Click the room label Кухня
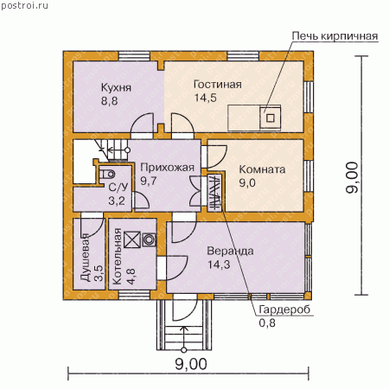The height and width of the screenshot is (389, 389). tap(116, 87)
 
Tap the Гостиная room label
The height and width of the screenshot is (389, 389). tap(218, 85)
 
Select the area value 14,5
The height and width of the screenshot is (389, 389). tap(206, 98)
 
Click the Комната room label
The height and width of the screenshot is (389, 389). tap(262, 169)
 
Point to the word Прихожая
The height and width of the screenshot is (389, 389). tap(167, 168)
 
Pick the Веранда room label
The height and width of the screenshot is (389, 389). tap(230, 251)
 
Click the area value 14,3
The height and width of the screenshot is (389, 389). tap(219, 265)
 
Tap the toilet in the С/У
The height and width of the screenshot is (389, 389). tap(107, 174)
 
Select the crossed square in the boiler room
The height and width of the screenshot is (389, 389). tap(132, 239)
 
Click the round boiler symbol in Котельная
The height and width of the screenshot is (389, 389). tap(150, 239)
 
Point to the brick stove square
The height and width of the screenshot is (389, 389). tap(271, 118)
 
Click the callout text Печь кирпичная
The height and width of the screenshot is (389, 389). tap(335, 36)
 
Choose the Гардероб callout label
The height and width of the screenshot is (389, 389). tap(284, 309)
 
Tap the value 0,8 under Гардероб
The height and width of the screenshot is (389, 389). tap(267, 323)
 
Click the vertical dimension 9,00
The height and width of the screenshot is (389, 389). tap(352, 177)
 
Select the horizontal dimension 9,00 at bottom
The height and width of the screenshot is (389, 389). tap(191, 364)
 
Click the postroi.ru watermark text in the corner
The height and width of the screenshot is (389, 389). tap(24, 6)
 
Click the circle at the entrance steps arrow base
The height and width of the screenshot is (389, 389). tap(183, 350)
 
